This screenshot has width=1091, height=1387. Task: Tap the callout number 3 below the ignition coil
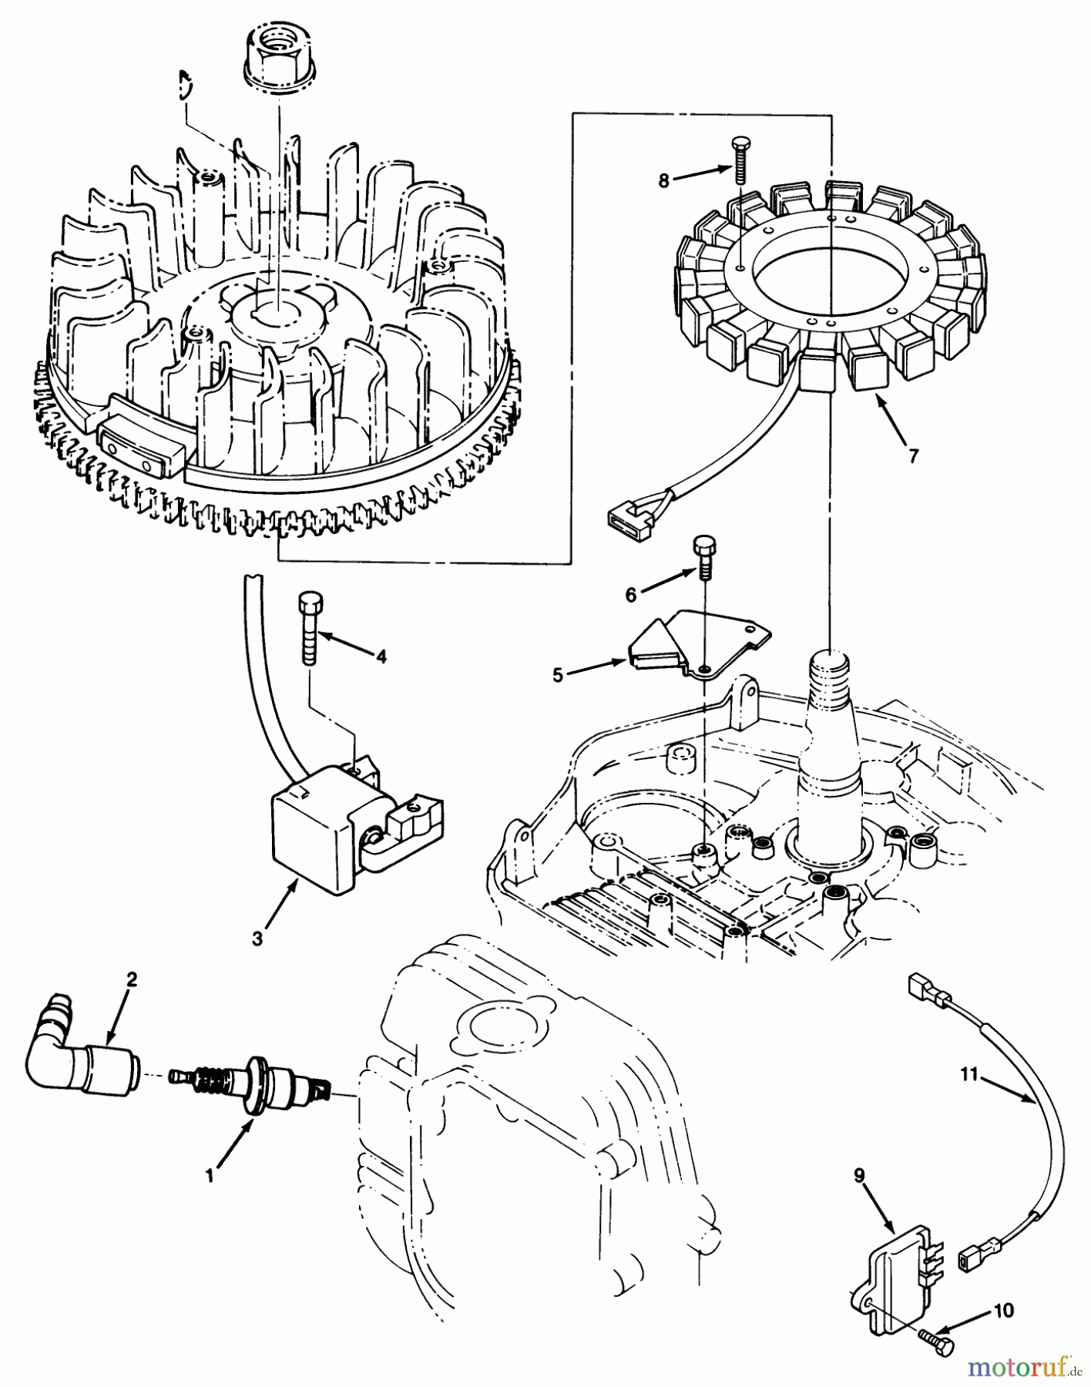[257, 939]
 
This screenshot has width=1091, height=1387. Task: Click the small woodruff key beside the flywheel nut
[183, 83]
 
